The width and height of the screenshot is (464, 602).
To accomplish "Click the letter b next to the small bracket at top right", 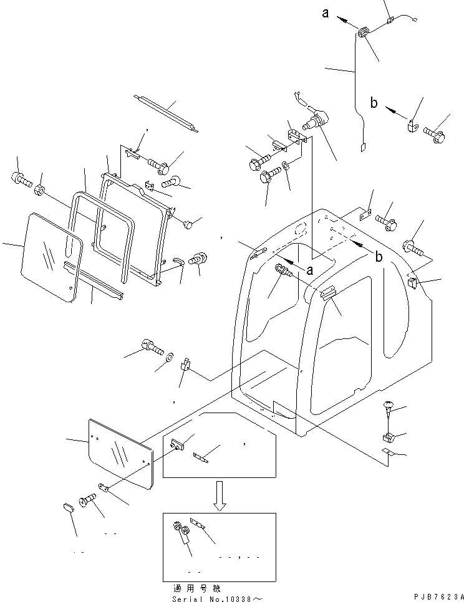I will [374, 103].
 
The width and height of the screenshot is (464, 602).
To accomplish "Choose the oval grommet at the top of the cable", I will [364, 33].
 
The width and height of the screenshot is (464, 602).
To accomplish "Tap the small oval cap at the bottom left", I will [69, 507].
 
